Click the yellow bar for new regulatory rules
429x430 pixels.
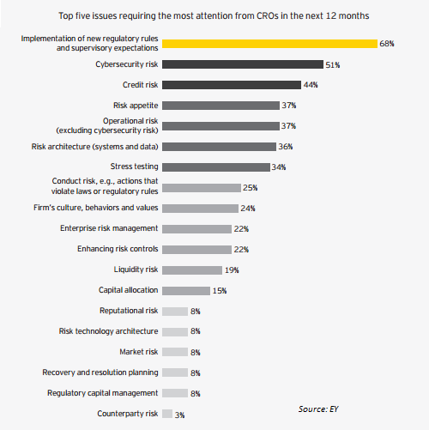point(269,44)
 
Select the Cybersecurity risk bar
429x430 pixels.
point(243,64)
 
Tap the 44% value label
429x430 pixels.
point(311,85)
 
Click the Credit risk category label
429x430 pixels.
point(140,85)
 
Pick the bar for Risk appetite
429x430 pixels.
point(221,106)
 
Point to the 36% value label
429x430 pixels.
point(286,147)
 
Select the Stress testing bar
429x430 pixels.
point(216,167)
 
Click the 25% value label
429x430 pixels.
point(251,188)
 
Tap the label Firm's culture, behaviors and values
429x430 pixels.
point(96,208)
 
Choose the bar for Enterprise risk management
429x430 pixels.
point(196,229)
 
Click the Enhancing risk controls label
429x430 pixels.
point(118,249)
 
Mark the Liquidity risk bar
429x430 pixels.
point(192,270)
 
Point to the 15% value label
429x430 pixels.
point(220,291)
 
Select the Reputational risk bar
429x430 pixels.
point(175,312)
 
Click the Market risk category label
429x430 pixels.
point(139,352)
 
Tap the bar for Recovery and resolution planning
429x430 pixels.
point(175,372)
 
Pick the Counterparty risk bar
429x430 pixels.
point(167,414)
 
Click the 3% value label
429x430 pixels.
point(179,415)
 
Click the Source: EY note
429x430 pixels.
point(318,409)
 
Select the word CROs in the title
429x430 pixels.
point(268,15)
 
